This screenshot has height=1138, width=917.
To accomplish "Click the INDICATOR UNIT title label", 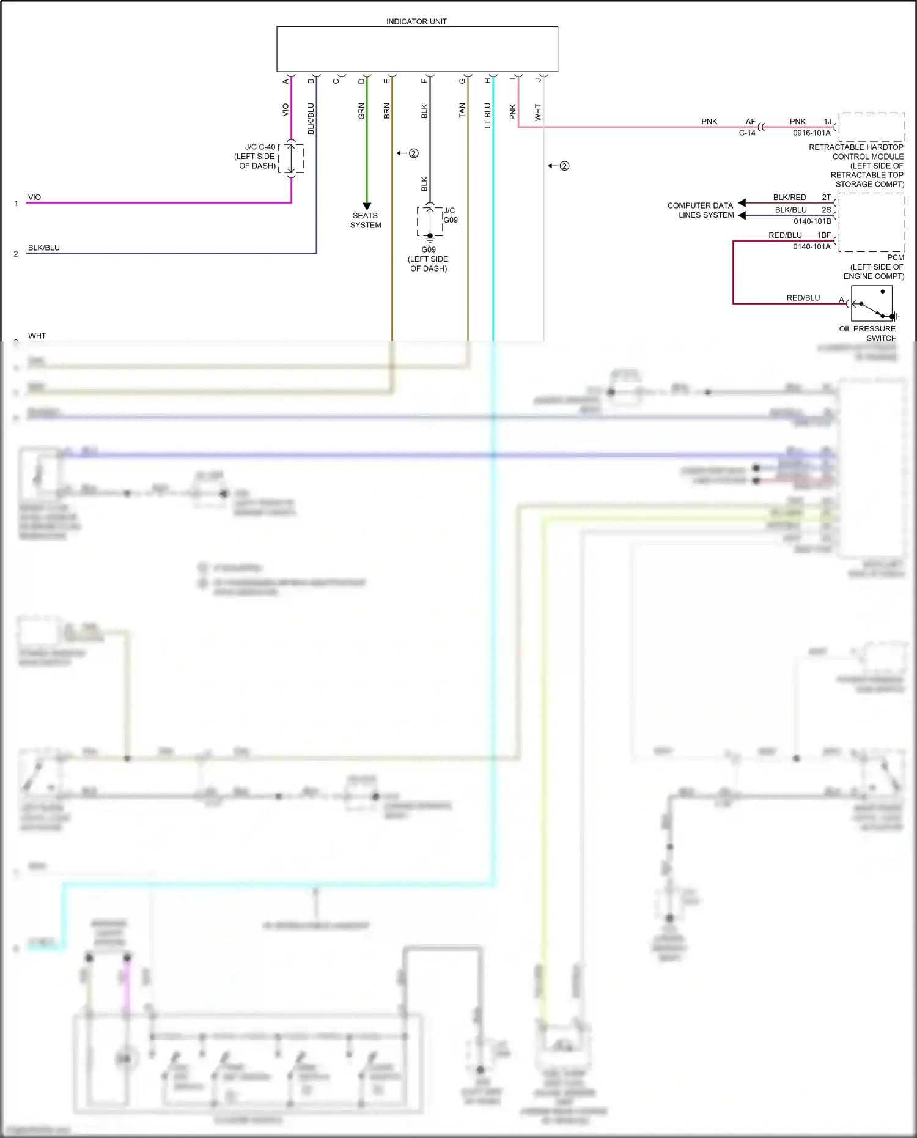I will coord(416,21).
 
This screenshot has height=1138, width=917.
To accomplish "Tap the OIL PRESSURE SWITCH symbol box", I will coord(871,303).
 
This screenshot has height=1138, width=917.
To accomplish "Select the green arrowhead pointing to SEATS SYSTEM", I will coord(367,206).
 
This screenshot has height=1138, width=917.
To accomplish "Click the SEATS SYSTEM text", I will coord(366,220).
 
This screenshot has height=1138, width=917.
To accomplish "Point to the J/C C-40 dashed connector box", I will coord(292,158).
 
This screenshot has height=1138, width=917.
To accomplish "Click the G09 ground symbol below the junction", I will coord(430,238).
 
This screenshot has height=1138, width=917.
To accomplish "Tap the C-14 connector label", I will coord(747,133).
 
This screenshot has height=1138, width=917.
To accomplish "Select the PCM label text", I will coord(896,257).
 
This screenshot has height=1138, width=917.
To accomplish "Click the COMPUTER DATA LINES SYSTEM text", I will coord(701,210).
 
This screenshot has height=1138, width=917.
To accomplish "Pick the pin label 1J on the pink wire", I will coord(827,122).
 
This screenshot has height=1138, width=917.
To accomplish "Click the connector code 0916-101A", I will coord(812,133).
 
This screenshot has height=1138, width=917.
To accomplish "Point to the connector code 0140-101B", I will coord(812,221).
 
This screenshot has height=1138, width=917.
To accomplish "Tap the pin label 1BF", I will coord(823,235).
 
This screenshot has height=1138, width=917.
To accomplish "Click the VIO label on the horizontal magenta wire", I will coord(35,198).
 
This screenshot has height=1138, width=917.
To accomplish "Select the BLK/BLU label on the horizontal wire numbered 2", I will coord(44,248).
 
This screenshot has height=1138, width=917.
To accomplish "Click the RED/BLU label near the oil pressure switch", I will coord(803,298).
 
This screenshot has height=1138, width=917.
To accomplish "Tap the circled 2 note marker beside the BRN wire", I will coord(413,153).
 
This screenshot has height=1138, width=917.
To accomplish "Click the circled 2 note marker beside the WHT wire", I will coord(564,166).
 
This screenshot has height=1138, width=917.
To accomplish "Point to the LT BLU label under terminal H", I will coord(488,116).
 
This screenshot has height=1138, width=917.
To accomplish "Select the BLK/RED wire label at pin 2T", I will coord(789,198).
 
